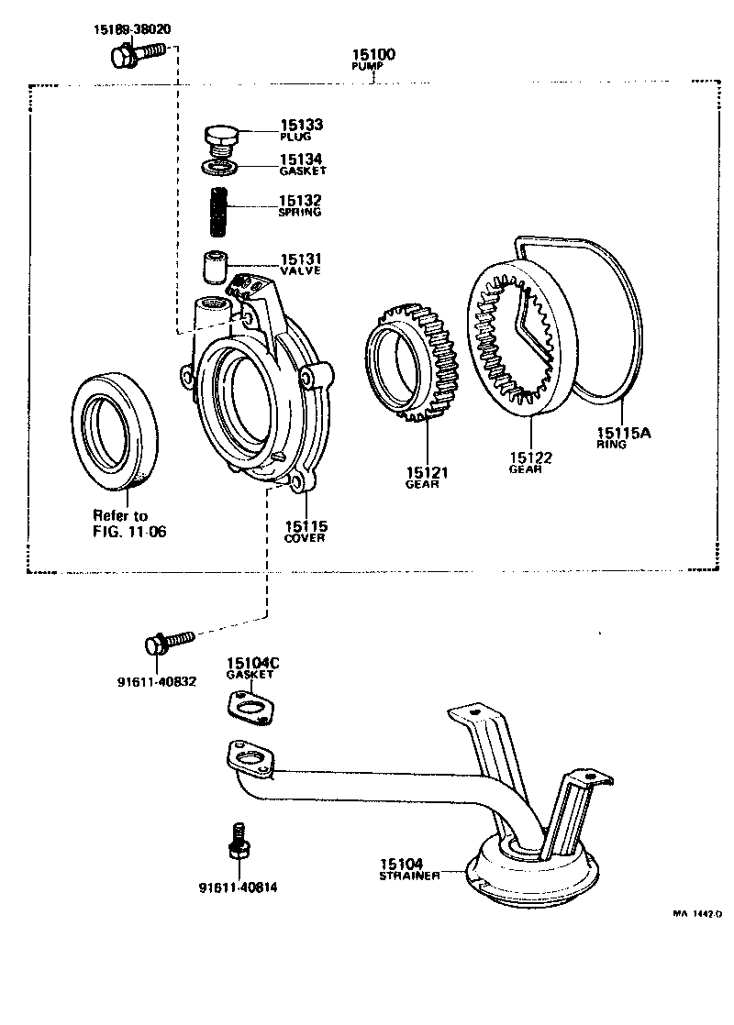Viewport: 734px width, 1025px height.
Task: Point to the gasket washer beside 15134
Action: pyautogui.click(x=219, y=167)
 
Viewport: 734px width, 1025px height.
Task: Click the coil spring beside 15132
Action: pyautogui.click(x=218, y=211)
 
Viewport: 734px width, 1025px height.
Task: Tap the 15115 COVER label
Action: pyautogui.click(x=306, y=532)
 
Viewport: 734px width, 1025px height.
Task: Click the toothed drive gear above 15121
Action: pyautogui.click(x=411, y=364)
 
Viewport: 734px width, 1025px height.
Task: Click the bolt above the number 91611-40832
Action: pyautogui.click(x=171, y=640)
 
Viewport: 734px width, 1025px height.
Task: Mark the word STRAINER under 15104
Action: pyautogui.click(x=409, y=876)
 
